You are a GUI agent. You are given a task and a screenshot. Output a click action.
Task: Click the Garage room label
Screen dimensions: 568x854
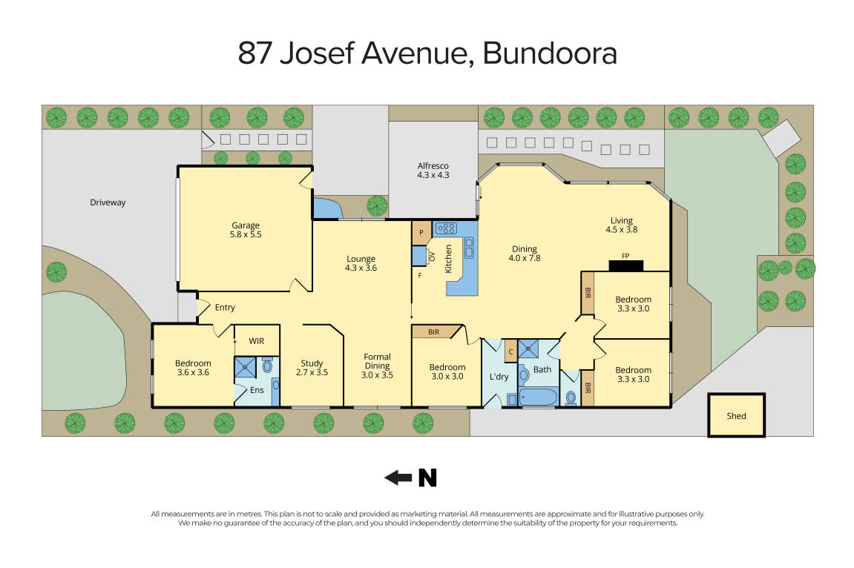(x=245, y=229)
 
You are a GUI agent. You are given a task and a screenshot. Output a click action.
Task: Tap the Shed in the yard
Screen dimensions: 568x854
(x=735, y=416)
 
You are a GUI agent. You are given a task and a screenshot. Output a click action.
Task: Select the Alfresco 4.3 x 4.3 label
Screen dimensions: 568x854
(x=433, y=171)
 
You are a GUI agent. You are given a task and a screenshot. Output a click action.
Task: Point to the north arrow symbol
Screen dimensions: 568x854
(x=410, y=478)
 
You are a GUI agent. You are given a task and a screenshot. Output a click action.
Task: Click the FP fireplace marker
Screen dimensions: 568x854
(x=626, y=264)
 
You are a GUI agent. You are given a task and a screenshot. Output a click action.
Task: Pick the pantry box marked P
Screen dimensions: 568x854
(x=421, y=232)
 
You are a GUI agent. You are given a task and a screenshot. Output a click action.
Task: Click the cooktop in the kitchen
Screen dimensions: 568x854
(x=446, y=229)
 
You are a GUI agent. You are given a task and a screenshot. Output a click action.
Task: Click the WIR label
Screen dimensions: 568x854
(x=257, y=341)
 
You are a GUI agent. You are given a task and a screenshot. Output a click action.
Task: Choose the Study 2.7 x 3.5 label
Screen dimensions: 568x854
(x=312, y=368)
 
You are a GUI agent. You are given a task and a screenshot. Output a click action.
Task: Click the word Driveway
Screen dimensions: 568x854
(x=108, y=202)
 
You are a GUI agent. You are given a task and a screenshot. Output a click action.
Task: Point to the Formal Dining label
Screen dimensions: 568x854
(x=377, y=366)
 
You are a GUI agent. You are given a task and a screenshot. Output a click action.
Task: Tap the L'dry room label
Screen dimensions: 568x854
(x=499, y=377)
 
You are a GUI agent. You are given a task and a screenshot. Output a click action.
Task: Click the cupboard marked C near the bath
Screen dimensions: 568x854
(x=510, y=351)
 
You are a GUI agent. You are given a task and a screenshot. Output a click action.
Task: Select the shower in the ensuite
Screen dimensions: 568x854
(x=245, y=367)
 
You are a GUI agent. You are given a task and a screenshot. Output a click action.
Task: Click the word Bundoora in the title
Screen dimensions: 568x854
(x=549, y=54)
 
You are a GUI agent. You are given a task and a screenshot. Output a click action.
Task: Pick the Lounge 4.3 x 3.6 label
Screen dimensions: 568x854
(x=361, y=263)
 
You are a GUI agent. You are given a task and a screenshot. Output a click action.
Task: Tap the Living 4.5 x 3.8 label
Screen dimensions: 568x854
(x=621, y=225)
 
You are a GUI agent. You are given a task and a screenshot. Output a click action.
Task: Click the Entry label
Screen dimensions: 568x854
(x=224, y=307)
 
